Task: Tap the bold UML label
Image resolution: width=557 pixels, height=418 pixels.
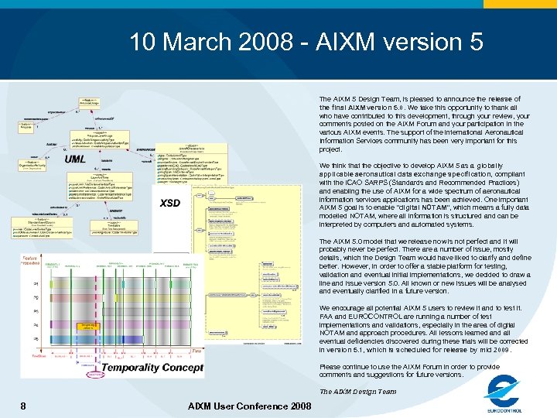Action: (75, 159)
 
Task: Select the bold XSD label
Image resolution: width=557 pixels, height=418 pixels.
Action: (169, 203)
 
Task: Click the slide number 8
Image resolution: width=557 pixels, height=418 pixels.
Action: (23, 406)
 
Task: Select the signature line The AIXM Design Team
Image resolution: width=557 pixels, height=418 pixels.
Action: (357, 391)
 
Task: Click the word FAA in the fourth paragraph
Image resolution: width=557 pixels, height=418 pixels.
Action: (327, 316)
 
